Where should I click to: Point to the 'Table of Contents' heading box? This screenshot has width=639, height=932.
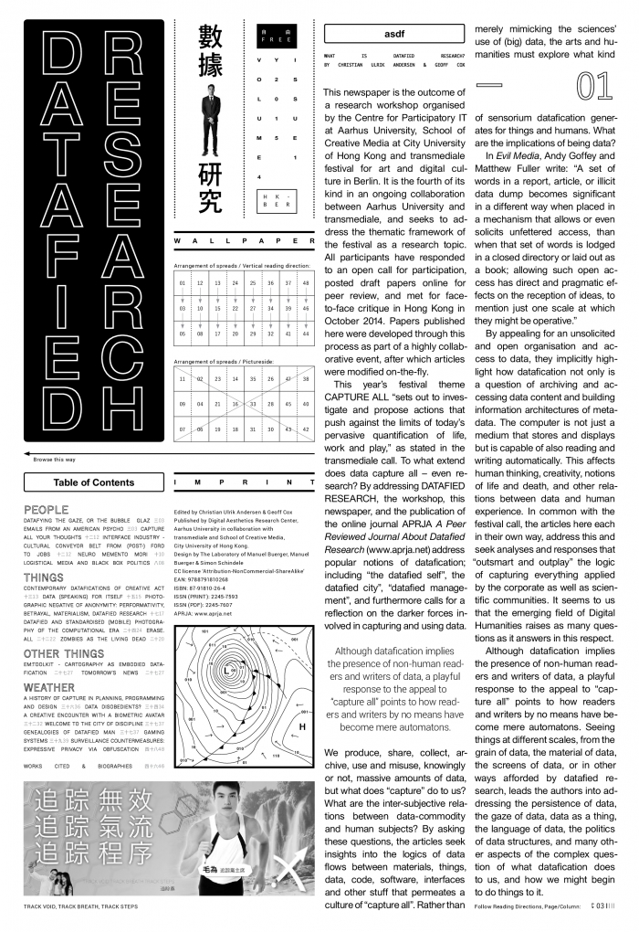[x=94, y=482]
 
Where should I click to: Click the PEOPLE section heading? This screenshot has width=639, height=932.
[x=46, y=509]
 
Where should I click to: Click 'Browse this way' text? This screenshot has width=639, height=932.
[x=54, y=460]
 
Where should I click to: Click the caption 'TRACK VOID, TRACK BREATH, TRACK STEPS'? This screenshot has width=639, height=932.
[x=85, y=906]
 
